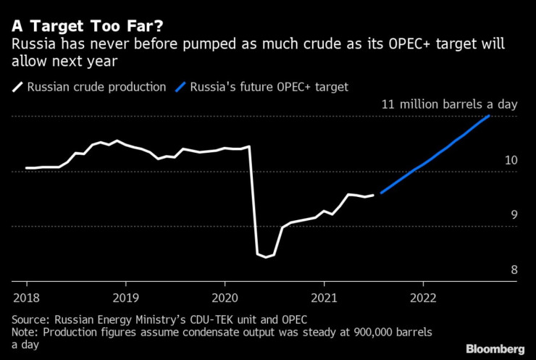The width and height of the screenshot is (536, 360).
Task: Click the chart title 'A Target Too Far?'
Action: point(86,27)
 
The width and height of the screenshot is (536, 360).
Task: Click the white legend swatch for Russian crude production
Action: point(17,87)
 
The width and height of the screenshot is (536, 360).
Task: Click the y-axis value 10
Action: point(511,160)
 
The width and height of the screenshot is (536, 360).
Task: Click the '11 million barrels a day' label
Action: point(449,104)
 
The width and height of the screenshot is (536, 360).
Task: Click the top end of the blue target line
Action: point(490,116)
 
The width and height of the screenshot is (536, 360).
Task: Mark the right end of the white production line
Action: point(373,194)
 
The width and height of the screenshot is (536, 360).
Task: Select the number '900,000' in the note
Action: point(343,332)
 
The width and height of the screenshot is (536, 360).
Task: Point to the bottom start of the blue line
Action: point(381,192)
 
